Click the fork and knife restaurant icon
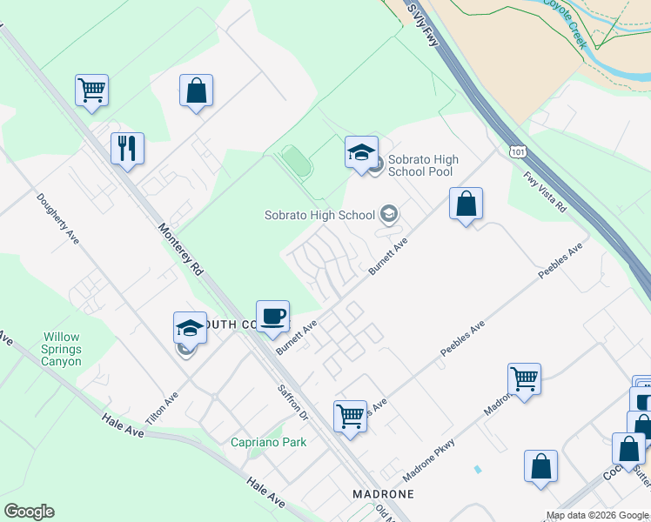(x=127, y=148)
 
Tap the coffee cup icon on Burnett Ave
(x=272, y=316)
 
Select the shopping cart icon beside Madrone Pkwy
(x=525, y=379)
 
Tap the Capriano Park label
(x=268, y=442)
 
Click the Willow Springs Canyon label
(x=64, y=349)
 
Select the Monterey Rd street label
(x=181, y=251)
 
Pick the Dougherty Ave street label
(x=57, y=217)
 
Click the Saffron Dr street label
(x=293, y=403)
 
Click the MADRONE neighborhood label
(x=382, y=493)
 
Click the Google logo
(x=29, y=512)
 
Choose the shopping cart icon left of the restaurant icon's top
(x=91, y=90)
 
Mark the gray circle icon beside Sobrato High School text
(x=389, y=214)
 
